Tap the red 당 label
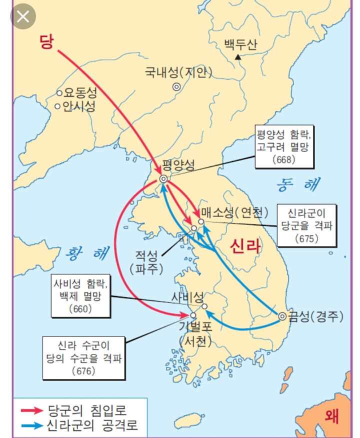tap(46, 42)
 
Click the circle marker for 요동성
tap(59, 92)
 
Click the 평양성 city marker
tap(163, 179)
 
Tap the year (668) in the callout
tap(285, 160)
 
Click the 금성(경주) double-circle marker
tap(282, 315)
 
